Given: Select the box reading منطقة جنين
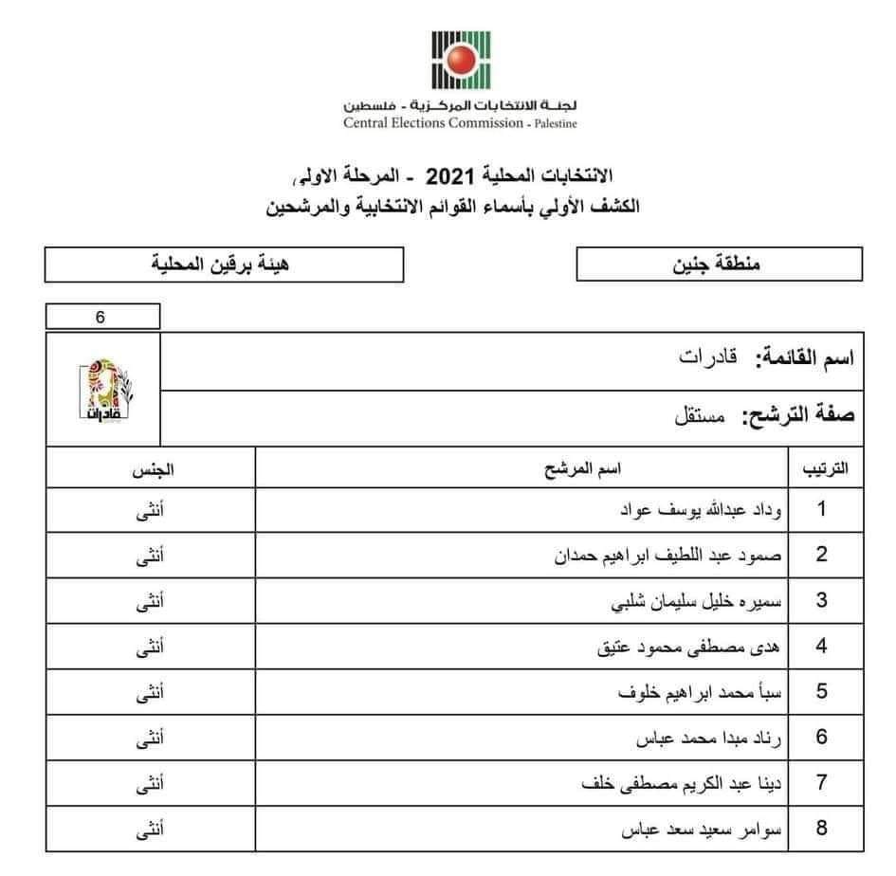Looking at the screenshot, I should pos(719,265).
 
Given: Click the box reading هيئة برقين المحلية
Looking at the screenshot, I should pos(224,265).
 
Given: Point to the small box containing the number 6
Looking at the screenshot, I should pos(101,317).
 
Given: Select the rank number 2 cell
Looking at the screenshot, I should pos(821,555).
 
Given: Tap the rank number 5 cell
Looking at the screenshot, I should pos(821,692).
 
